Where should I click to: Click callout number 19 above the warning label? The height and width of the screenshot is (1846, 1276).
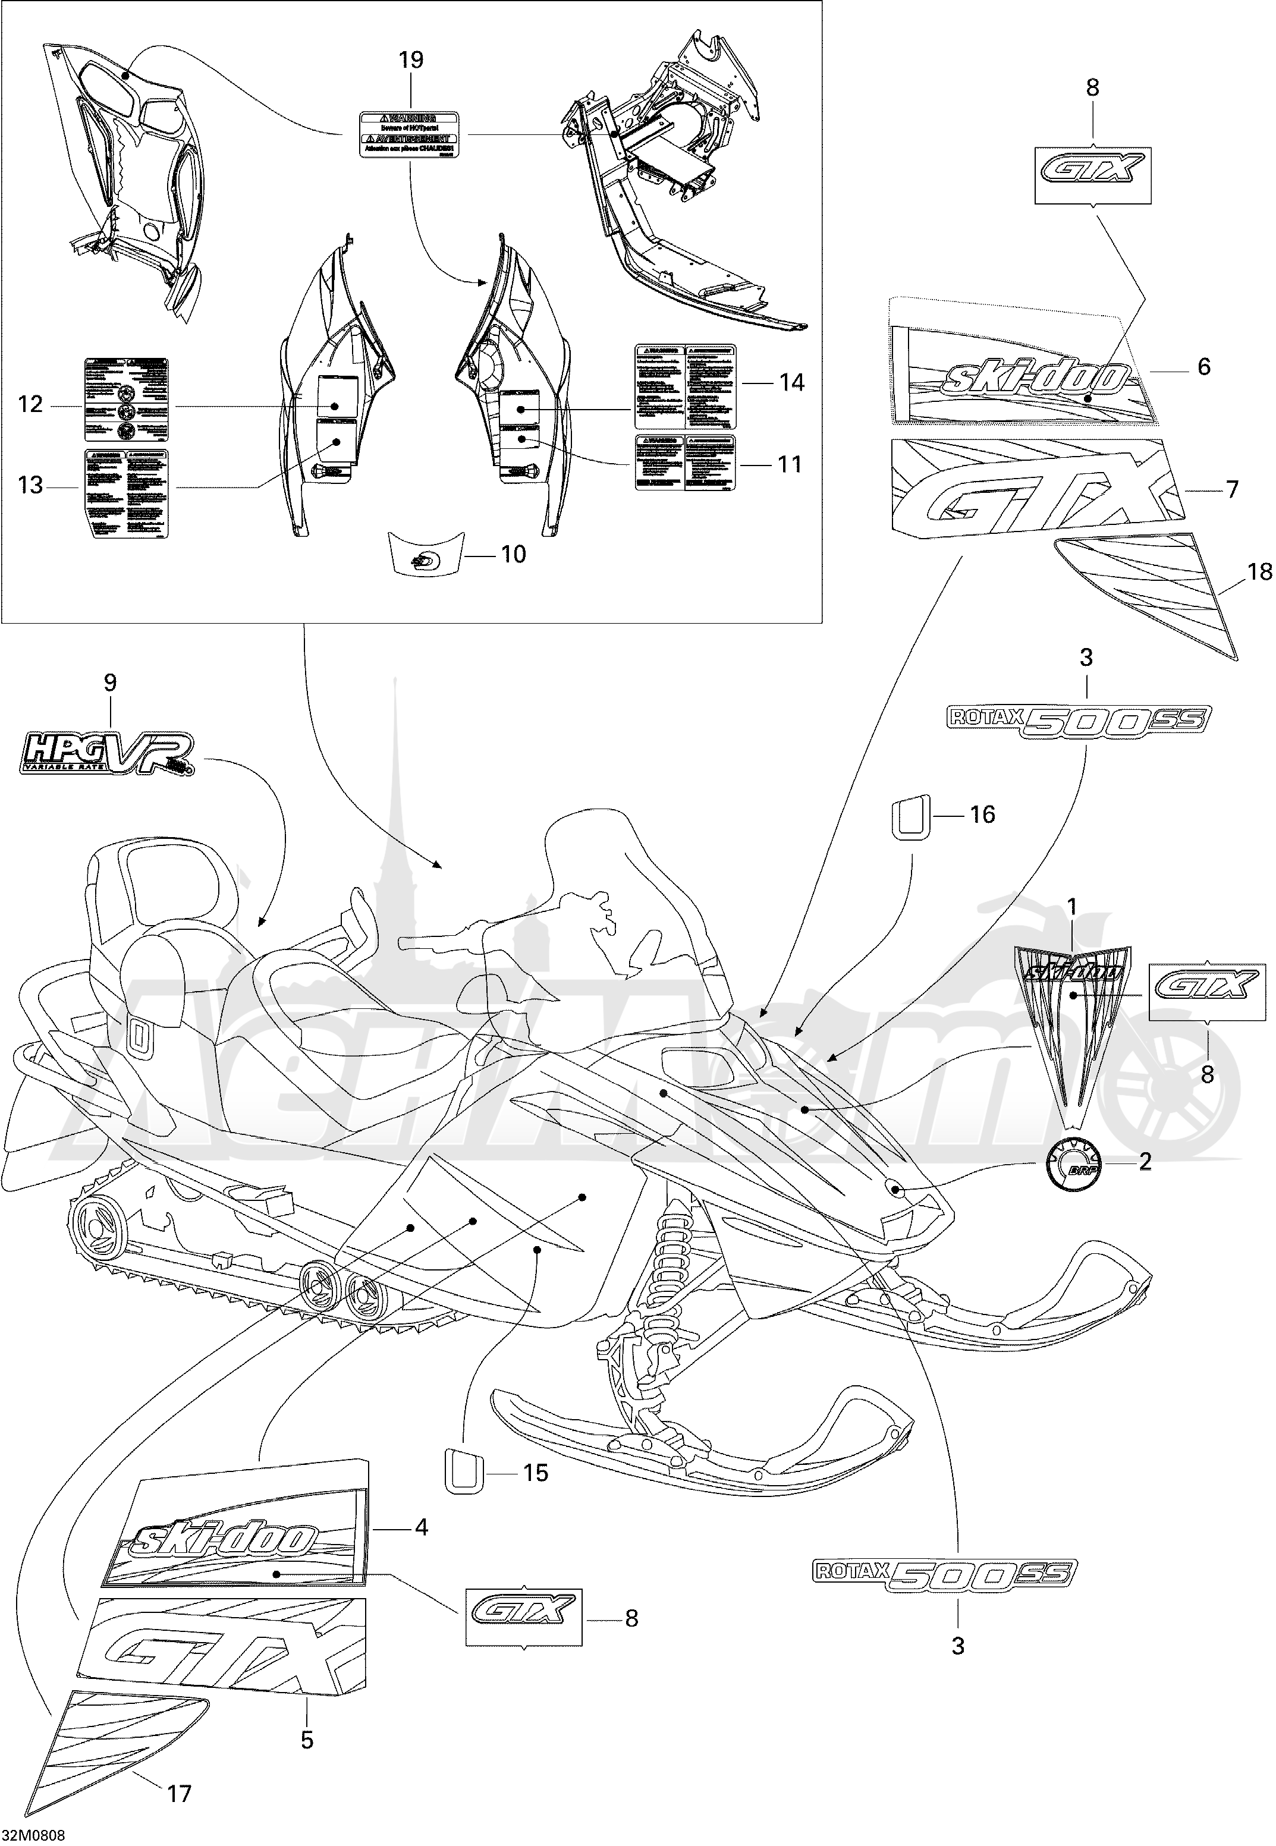(x=411, y=60)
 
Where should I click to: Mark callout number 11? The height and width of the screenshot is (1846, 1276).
(x=789, y=464)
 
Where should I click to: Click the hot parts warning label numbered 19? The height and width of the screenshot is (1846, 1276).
(x=410, y=134)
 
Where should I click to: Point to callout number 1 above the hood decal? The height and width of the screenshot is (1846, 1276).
(x=1071, y=907)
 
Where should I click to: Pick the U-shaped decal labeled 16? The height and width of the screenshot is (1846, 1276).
(x=911, y=817)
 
